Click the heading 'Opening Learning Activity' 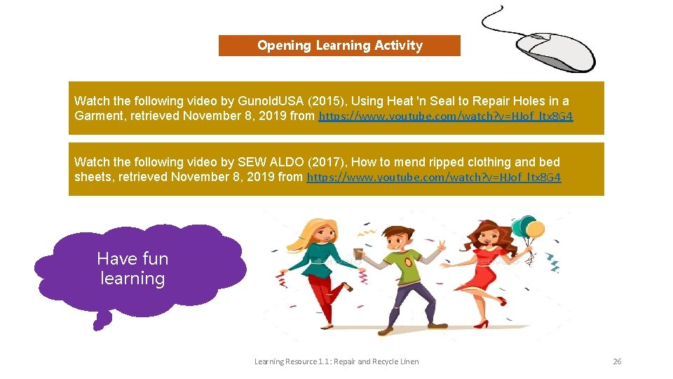(x=339, y=46)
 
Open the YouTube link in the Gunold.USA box (x=446, y=117)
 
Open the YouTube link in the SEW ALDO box (x=434, y=178)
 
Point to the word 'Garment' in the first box (x=96, y=116)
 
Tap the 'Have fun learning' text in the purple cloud (x=132, y=269)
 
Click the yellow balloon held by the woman (x=535, y=229)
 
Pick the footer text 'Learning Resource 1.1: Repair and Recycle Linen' (x=336, y=361)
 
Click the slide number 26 (x=617, y=361)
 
